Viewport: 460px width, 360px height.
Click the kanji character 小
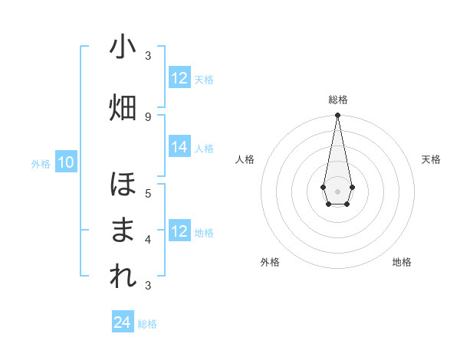123,47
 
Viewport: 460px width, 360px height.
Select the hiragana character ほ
123,185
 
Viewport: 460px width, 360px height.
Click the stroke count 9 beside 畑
148,116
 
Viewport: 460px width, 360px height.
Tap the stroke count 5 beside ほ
148,193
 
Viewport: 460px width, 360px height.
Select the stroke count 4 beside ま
148,239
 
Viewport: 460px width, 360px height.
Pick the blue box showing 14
179,148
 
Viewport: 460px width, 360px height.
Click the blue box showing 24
123,323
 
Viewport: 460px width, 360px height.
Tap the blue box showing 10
66,162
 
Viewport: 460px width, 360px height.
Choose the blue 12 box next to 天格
179,78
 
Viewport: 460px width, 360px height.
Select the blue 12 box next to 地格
179,232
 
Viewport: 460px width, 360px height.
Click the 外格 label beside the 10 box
41,163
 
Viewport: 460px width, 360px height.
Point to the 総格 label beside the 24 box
147,324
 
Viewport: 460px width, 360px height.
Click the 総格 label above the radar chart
338,100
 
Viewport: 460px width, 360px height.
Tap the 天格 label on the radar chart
431,159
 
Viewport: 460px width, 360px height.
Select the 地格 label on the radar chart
402,262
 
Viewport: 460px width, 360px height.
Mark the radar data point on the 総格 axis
337,116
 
